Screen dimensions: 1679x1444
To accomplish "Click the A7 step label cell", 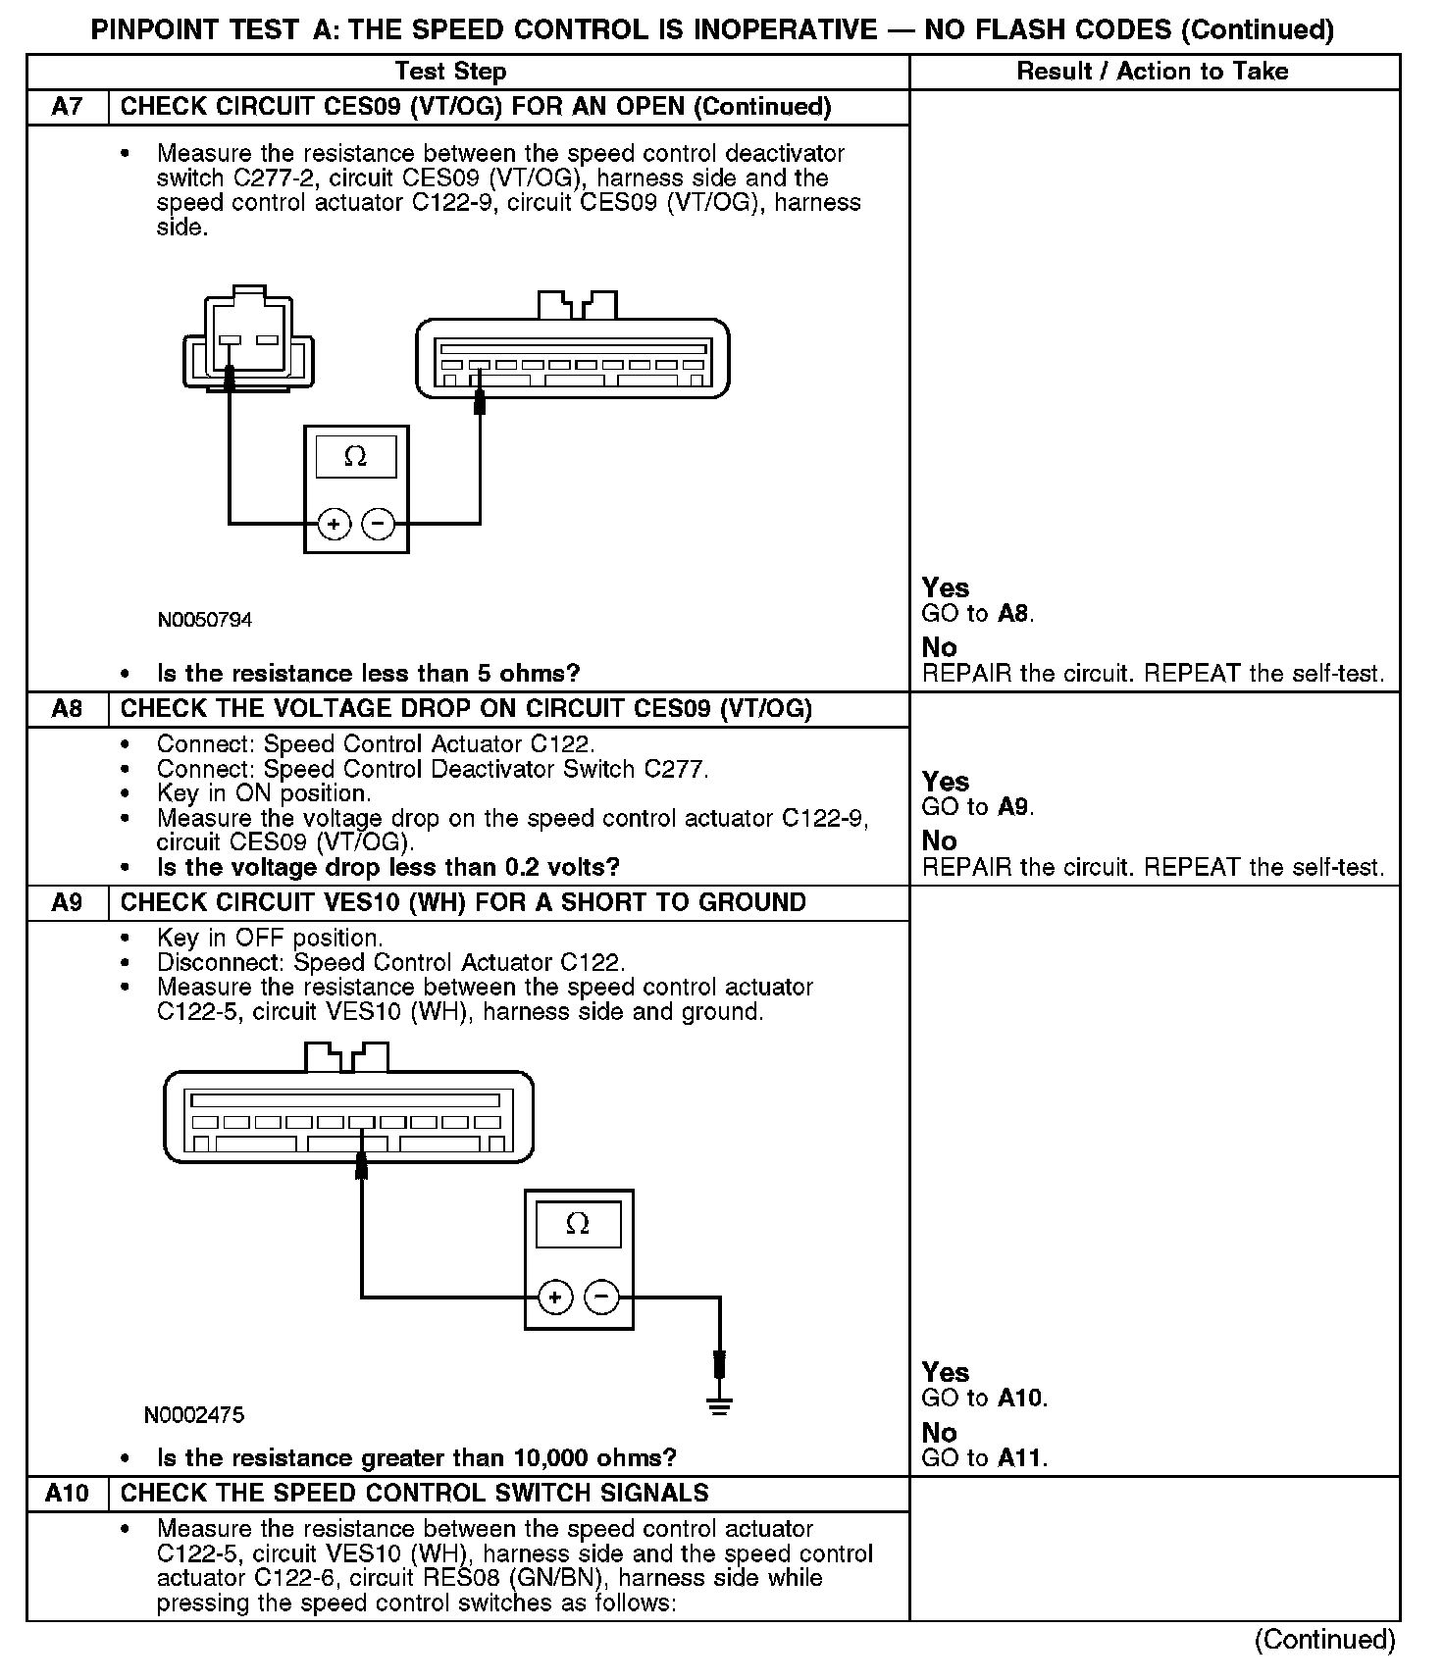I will (x=67, y=107).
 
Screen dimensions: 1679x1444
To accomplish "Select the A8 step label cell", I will (x=67, y=709).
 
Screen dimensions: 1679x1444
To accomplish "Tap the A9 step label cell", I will (x=67, y=902).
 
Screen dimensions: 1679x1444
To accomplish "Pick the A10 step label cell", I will (x=67, y=1493).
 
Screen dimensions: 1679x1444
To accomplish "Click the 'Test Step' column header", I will (x=450, y=72).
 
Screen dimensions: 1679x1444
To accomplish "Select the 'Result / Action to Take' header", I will (x=1153, y=72).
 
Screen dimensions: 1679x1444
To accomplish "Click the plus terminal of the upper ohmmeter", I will (x=335, y=525).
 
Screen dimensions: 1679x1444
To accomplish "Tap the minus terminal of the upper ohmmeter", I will (x=379, y=525).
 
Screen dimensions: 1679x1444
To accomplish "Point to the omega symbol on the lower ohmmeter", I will (x=578, y=1224).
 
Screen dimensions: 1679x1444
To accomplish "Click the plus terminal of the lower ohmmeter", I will (x=555, y=1297).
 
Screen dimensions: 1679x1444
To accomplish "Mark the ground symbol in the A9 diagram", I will (x=720, y=1406).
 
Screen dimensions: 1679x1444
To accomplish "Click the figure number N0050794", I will (x=205, y=620).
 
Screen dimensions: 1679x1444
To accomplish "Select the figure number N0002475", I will (x=194, y=1414).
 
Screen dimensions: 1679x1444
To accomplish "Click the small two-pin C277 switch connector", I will (x=249, y=338).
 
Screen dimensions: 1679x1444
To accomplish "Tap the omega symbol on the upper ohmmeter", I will (x=356, y=457).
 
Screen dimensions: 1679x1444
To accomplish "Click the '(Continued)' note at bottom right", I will (x=1324, y=1640).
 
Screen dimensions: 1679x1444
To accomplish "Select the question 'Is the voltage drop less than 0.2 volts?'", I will (x=388, y=867).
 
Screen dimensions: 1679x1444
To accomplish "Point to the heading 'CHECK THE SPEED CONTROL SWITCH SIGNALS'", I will (x=414, y=1493).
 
